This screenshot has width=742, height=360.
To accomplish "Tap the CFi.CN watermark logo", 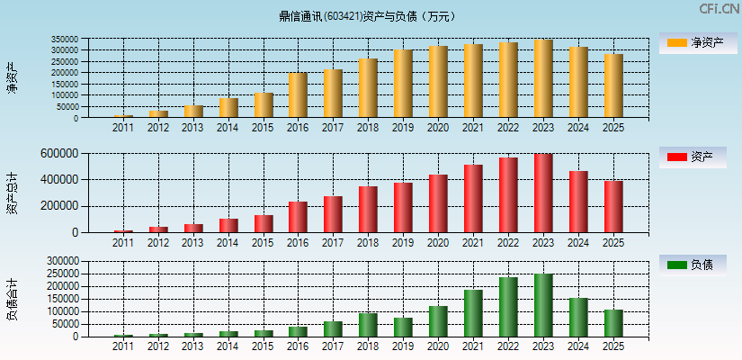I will pyautogui.click(x=720, y=9).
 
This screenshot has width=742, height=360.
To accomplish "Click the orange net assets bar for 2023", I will pyautogui.click(x=543, y=79).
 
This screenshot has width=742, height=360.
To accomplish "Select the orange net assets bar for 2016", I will pyautogui.click(x=298, y=95).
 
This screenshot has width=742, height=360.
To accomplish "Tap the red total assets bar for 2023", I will pyautogui.click(x=543, y=193).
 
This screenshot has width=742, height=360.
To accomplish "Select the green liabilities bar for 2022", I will pyautogui.click(x=508, y=307).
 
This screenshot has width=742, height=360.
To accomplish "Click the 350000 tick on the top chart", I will pyautogui.click(x=90, y=40).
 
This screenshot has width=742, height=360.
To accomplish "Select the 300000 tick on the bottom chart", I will pyautogui.click(x=89, y=261).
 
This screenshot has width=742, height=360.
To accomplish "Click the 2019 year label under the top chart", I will pyautogui.click(x=403, y=128).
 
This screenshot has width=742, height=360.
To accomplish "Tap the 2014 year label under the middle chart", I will pyautogui.click(x=228, y=243).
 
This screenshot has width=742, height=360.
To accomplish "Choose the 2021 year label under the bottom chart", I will pyautogui.click(x=473, y=346).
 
